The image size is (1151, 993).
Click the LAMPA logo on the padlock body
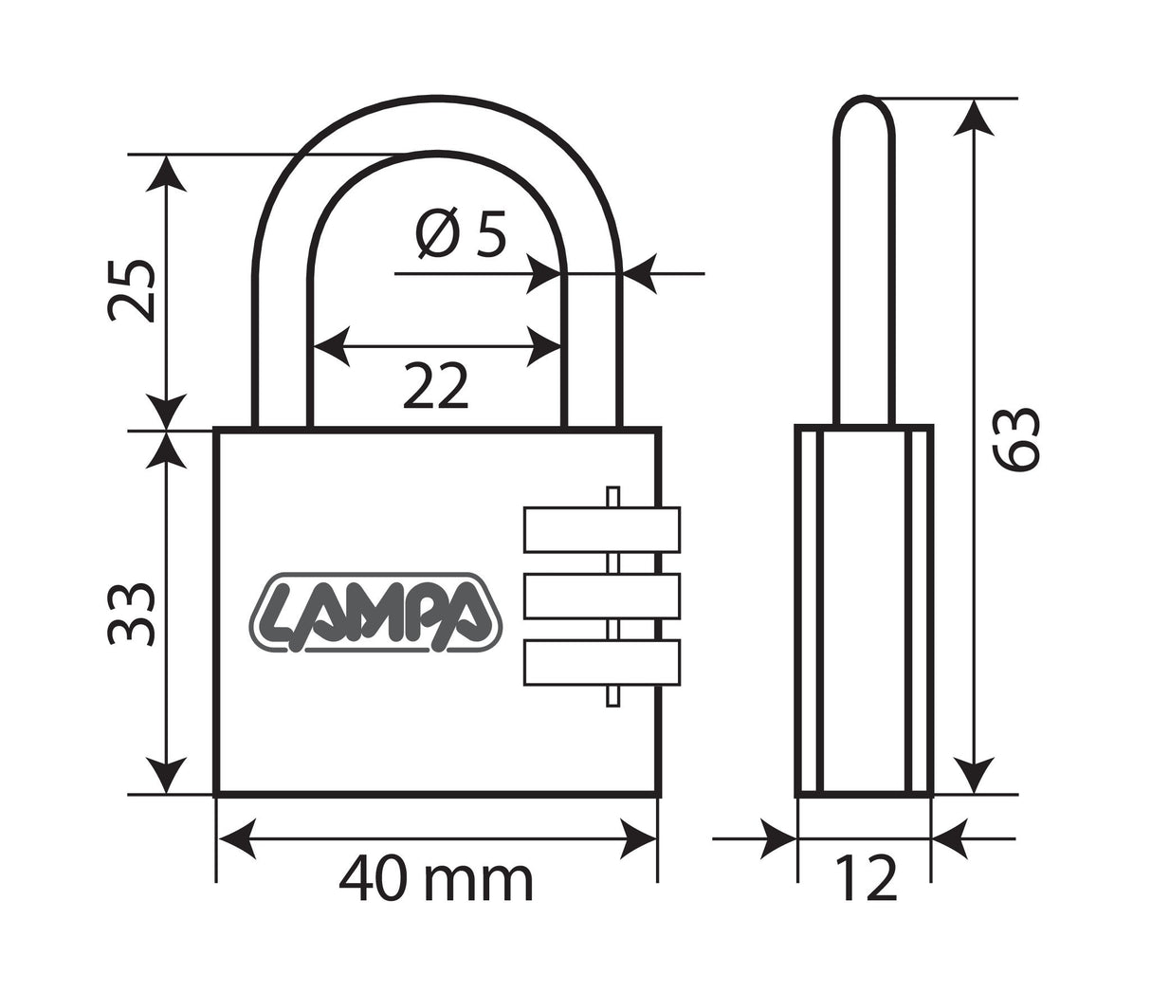[375, 615]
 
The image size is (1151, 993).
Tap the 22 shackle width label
[436, 386]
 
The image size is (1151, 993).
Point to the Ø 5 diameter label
[462, 233]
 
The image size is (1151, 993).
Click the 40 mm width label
[436, 879]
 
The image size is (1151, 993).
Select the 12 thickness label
[865, 879]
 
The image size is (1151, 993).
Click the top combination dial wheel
[601, 529]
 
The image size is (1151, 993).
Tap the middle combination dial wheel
[601, 596]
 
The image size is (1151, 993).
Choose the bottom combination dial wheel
[601, 662]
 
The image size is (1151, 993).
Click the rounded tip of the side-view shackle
[864, 104]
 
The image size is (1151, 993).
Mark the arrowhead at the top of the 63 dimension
[974, 116]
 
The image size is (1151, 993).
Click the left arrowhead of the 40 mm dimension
[237, 838]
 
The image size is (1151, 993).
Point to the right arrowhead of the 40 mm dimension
[638, 838]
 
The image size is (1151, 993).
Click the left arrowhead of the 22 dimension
[331, 346]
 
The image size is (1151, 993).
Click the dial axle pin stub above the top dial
[612, 496]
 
